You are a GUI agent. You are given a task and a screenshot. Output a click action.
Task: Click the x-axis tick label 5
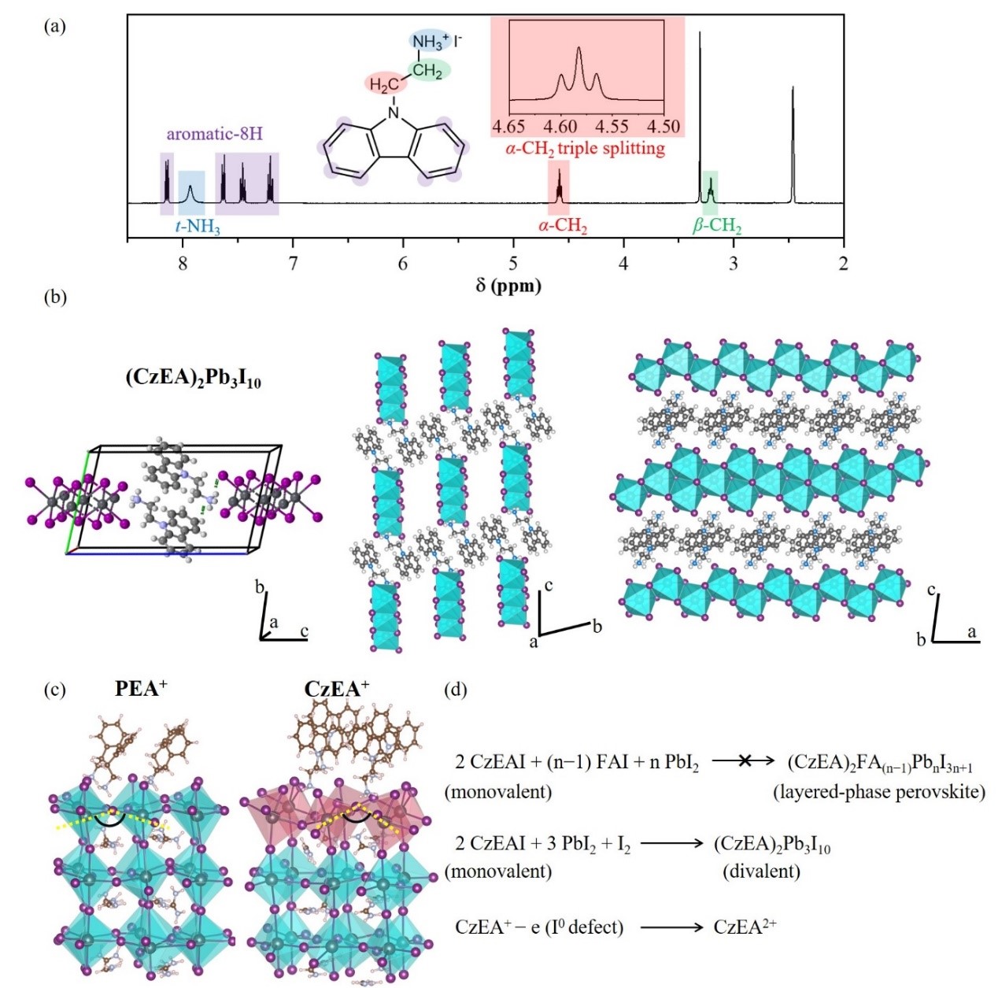click(513, 263)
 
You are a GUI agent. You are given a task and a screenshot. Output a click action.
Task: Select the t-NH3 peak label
click(197, 228)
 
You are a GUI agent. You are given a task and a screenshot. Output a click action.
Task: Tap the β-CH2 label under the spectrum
click(716, 227)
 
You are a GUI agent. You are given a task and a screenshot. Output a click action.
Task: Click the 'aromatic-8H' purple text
click(214, 134)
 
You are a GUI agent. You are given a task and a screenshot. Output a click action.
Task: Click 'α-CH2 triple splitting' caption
click(585, 148)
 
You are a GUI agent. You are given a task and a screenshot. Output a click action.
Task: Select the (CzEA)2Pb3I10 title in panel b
click(193, 378)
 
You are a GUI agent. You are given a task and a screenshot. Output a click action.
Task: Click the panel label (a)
click(55, 26)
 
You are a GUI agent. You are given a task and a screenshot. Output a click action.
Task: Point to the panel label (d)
click(456, 690)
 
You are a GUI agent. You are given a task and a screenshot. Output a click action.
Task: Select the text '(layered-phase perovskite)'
click(878, 792)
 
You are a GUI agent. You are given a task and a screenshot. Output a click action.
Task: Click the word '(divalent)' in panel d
click(761, 871)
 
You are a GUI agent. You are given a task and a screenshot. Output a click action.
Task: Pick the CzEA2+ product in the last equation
click(745, 927)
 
